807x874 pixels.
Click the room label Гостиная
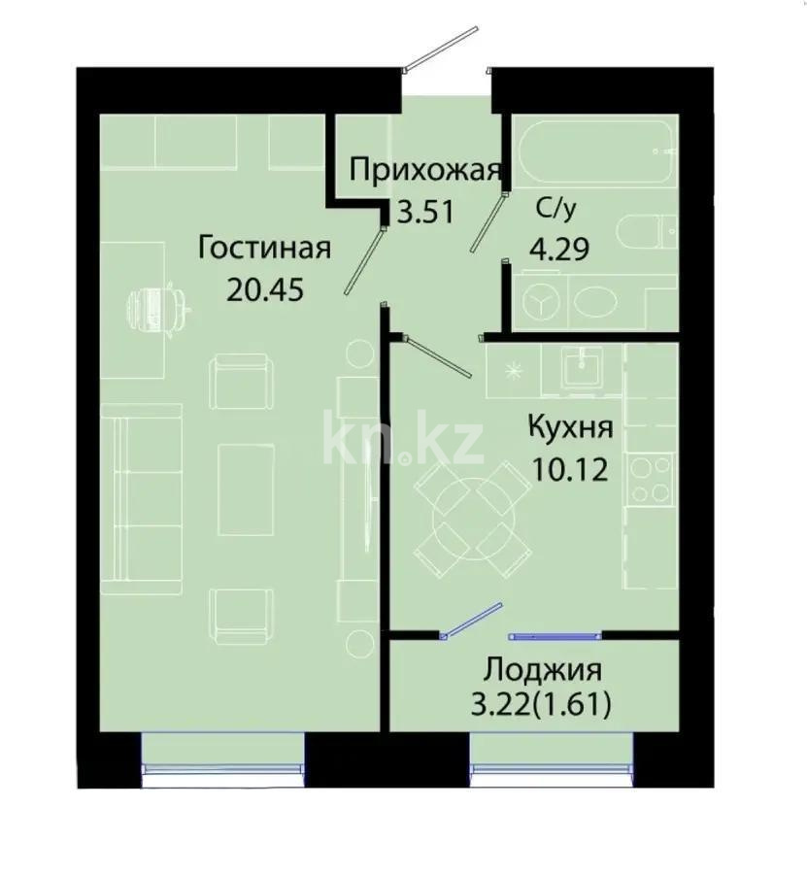click(264, 248)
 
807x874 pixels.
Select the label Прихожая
click(424, 171)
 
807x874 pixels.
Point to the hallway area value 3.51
click(424, 211)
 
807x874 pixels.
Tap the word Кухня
click(570, 427)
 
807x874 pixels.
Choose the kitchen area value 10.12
click(570, 470)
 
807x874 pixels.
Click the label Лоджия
click(542, 670)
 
